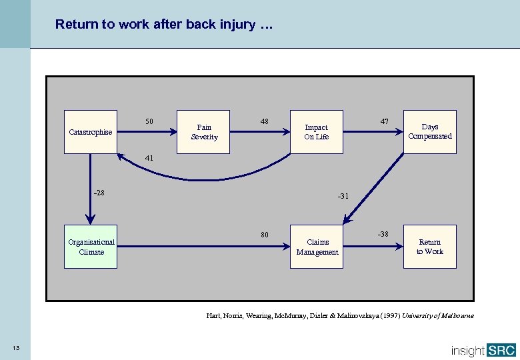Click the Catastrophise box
(x=91, y=132)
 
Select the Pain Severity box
(x=204, y=132)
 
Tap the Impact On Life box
(x=317, y=132)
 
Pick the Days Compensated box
(x=430, y=131)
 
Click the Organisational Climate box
(x=91, y=247)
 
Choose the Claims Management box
(x=317, y=247)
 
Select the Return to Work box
(x=430, y=247)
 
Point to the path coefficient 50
(x=149, y=121)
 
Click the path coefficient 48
(x=265, y=121)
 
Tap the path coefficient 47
(x=385, y=121)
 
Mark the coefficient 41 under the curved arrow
(x=149, y=159)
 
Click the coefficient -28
(x=99, y=193)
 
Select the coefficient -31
(x=343, y=196)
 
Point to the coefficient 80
(x=265, y=235)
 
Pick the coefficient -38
(x=383, y=234)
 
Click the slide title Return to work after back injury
(x=163, y=25)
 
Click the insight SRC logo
(x=483, y=350)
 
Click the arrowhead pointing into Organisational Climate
(x=91, y=220)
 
